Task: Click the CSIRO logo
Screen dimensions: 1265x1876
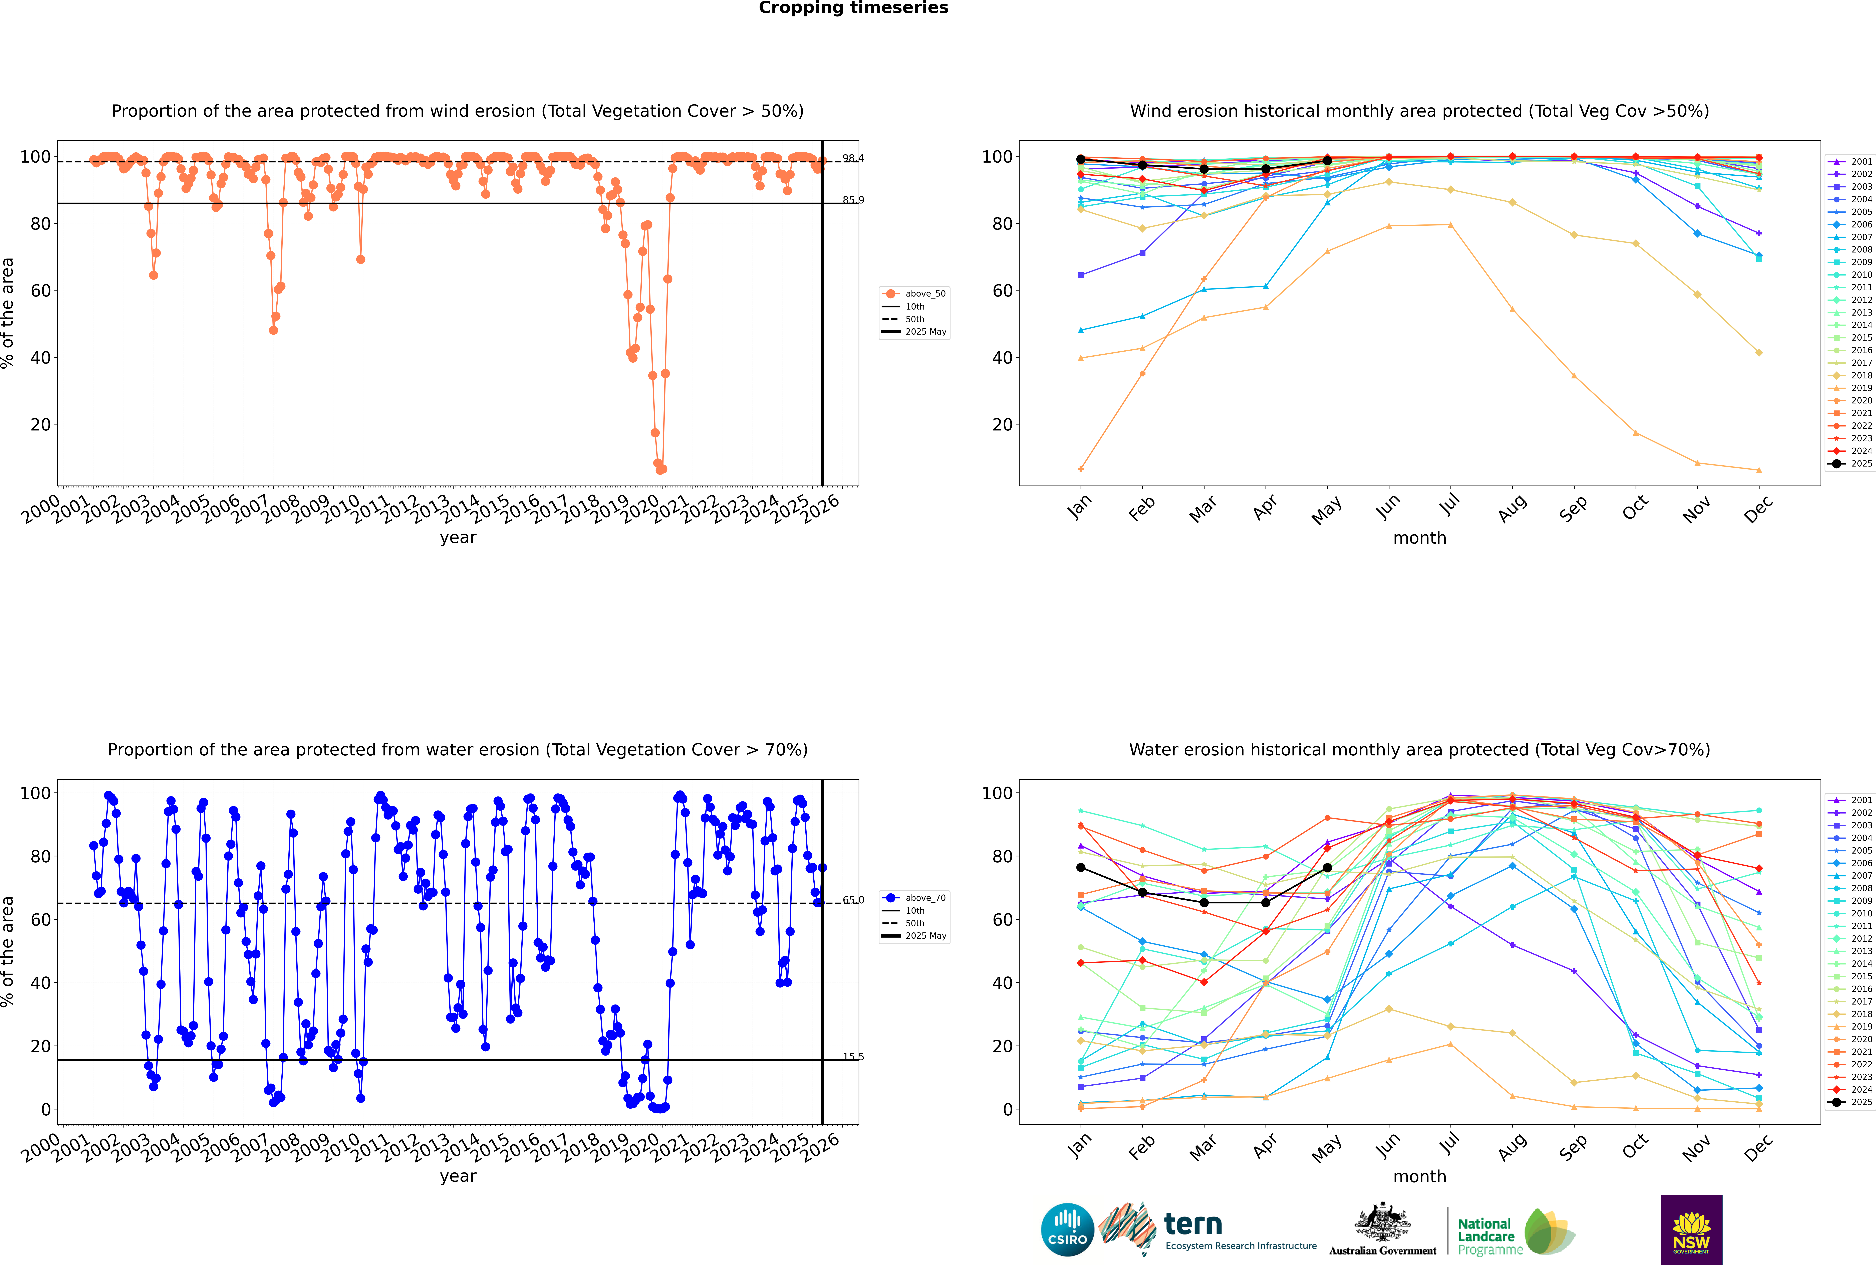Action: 1067,1230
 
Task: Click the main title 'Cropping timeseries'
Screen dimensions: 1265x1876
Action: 853,8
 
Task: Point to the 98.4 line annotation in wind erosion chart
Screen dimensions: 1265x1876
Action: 852,158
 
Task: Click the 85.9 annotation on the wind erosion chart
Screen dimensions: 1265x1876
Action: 852,200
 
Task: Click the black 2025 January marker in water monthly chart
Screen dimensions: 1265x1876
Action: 1081,867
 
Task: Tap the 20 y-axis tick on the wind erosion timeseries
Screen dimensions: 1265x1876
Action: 40,424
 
